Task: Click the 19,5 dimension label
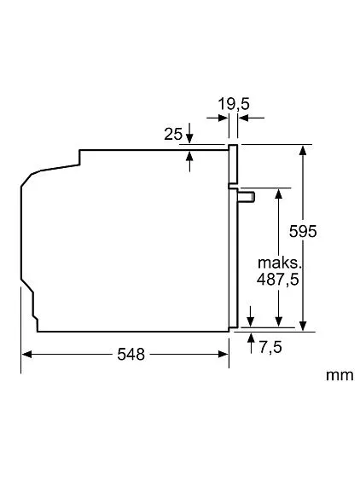[232, 104]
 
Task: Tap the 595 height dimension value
[303, 231]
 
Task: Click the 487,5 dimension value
[277, 278]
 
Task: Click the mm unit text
[338, 374]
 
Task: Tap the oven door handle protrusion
[247, 197]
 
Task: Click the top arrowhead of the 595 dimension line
[304, 151]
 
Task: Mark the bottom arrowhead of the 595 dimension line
[304, 323]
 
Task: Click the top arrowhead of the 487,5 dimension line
[277, 193]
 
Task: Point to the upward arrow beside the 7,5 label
[250, 340]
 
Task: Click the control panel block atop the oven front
[232, 165]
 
